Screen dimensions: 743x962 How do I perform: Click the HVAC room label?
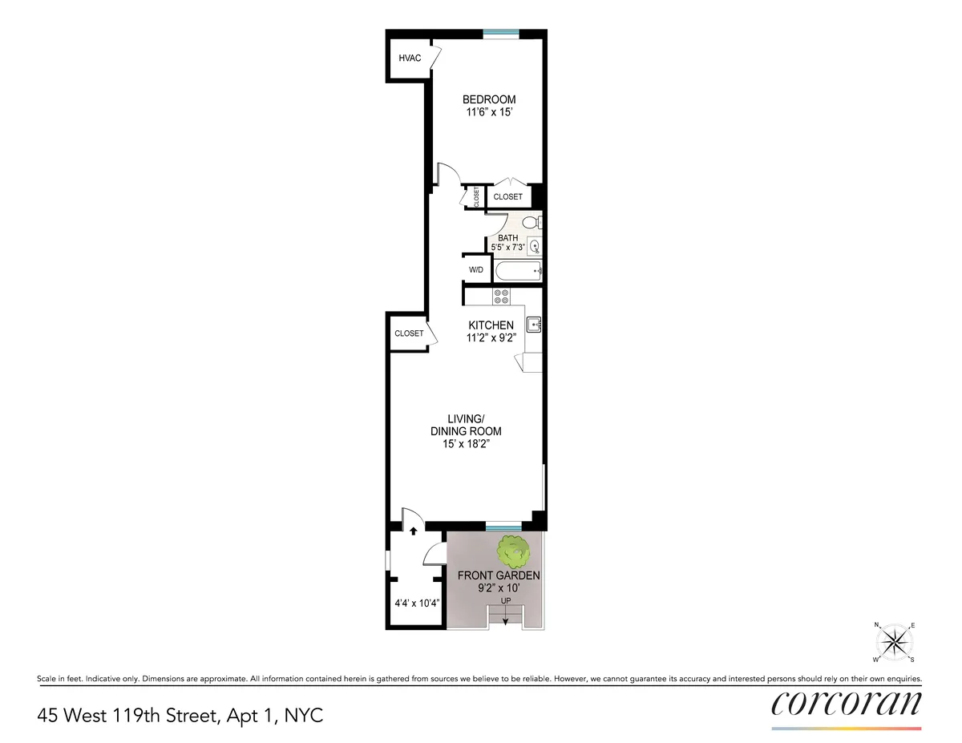pos(410,58)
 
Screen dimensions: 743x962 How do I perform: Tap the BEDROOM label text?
pos(489,99)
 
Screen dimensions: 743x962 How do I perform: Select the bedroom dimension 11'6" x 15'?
pos(489,113)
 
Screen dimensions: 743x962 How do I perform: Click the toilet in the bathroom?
pos(530,223)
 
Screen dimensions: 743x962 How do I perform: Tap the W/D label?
pos(476,269)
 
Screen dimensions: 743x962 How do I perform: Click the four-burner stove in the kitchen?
pos(502,296)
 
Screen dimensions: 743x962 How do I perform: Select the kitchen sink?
pos(535,324)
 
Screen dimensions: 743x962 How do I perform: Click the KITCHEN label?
pos(491,325)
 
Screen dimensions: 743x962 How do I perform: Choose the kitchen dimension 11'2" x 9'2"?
pos(491,338)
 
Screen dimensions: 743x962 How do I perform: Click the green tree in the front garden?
pos(513,551)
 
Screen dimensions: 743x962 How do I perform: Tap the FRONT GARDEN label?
pos(499,575)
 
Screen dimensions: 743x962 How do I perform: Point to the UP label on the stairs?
pos(505,600)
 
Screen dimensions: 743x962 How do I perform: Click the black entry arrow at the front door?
pos(412,530)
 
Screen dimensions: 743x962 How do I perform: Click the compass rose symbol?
pos(894,641)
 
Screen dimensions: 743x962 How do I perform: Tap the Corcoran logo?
pos(847,703)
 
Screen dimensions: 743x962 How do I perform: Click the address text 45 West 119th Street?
pos(128,715)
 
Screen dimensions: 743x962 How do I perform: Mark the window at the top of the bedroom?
pos(499,33)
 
